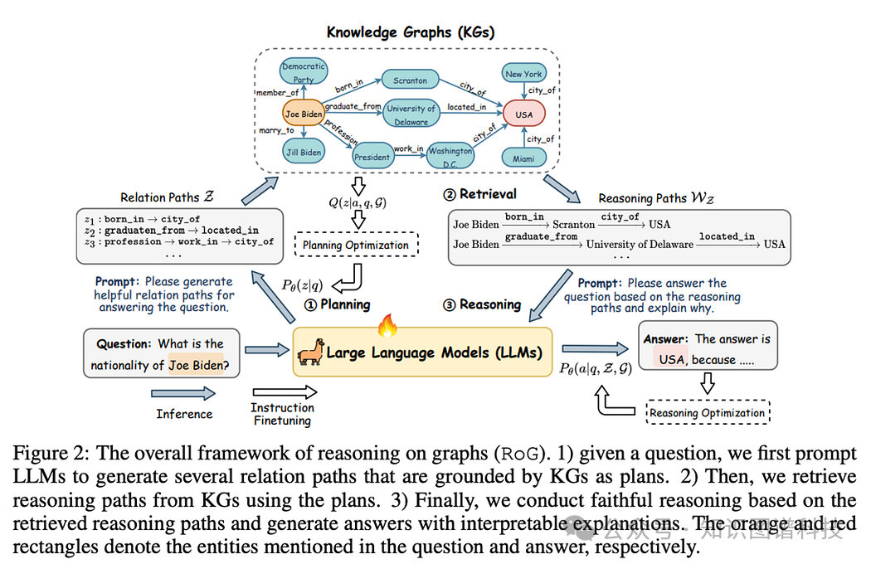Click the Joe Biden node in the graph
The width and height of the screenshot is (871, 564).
(304, 114)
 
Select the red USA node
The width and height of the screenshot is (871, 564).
(523, 114)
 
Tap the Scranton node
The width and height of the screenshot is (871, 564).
(410, 80)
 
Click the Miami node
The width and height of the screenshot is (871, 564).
(523, 158)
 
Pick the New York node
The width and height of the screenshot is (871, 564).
(523, 73)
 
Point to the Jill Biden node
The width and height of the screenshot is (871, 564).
(304, 152)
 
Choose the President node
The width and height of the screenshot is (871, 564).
(372, 157)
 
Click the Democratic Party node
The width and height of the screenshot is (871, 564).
(304, 71)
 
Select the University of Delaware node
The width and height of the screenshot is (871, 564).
(411, 114)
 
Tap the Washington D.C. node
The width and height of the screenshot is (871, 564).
(450, 156)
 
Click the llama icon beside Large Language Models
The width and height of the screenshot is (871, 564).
(310, 352)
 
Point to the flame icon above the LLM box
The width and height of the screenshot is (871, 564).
(387, 326)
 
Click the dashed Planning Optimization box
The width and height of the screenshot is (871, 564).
(356, 245)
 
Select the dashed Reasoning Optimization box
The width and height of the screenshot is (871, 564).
(708, 412)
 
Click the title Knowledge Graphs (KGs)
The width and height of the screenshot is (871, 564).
(411, 32)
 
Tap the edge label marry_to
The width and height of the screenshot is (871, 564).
(276, 130)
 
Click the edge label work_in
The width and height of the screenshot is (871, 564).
(409, 148)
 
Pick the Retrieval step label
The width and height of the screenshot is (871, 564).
(480, 194)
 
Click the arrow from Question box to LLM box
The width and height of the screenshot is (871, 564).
(267, 350)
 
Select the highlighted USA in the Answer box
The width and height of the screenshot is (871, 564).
(671, 359)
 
